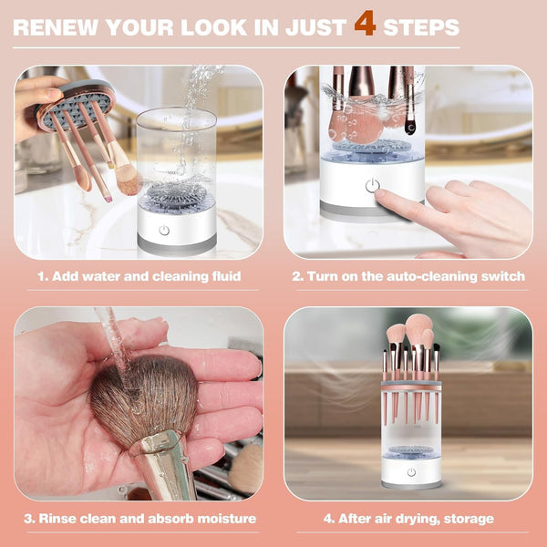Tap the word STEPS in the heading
point(420,26)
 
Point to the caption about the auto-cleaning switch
point(408,276)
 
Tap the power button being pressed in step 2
point(371,186)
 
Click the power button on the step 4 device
point(411,472)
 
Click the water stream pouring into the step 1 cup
point(191,109)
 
